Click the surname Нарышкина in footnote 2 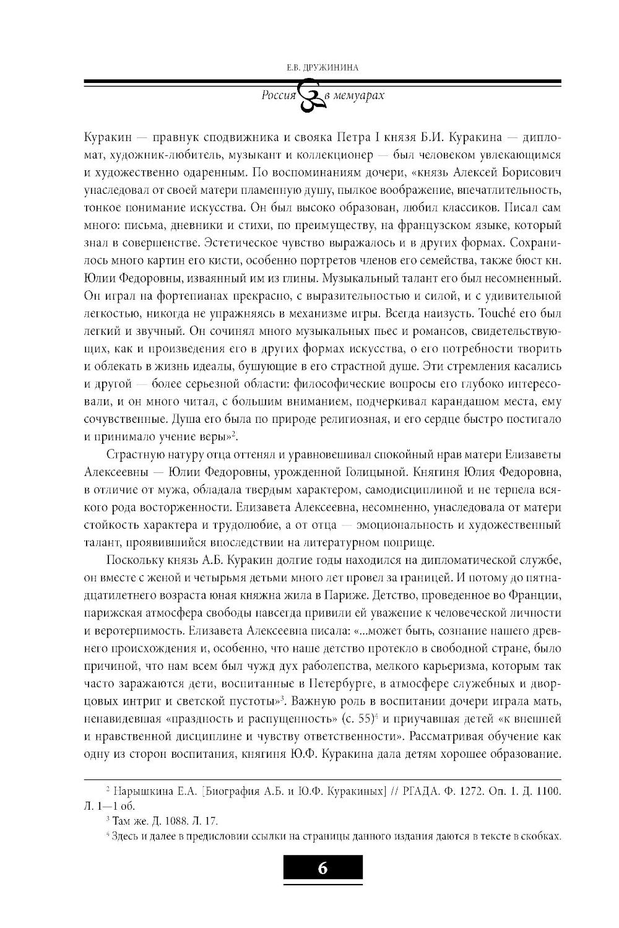[135, 791]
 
